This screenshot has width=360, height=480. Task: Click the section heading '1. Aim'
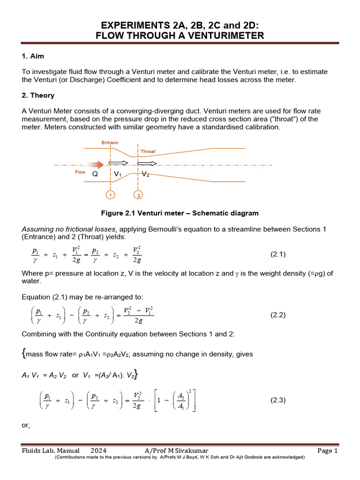33,56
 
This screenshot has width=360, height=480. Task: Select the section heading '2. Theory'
38,95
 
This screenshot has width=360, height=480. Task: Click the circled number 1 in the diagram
110,195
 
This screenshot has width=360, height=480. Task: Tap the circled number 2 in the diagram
138,195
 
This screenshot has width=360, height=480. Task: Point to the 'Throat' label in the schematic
148,152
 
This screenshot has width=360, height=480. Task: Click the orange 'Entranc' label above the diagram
110,142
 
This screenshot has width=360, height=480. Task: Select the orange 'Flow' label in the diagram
80,172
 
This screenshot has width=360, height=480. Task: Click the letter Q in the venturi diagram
95,173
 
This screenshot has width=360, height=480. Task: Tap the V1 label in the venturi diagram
118,173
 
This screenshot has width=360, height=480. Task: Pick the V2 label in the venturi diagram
146,174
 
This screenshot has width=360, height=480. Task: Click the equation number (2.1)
278,255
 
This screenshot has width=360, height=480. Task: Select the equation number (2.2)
278,315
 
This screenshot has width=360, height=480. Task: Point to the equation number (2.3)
278,400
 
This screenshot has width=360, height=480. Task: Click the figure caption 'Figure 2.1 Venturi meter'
180,213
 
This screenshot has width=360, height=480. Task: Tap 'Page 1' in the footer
327,451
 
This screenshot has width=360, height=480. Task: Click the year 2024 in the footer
98,451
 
